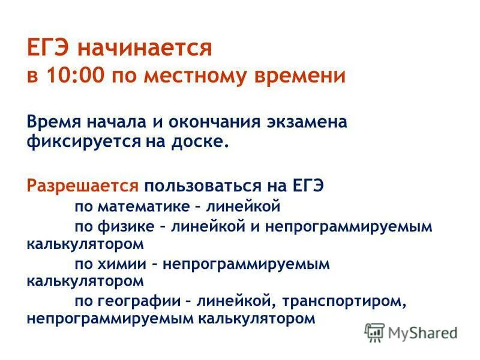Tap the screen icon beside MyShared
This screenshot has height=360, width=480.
click(374, 331)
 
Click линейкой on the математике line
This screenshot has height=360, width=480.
click(244, 207)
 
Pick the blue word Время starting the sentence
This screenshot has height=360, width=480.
click(55, 122)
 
